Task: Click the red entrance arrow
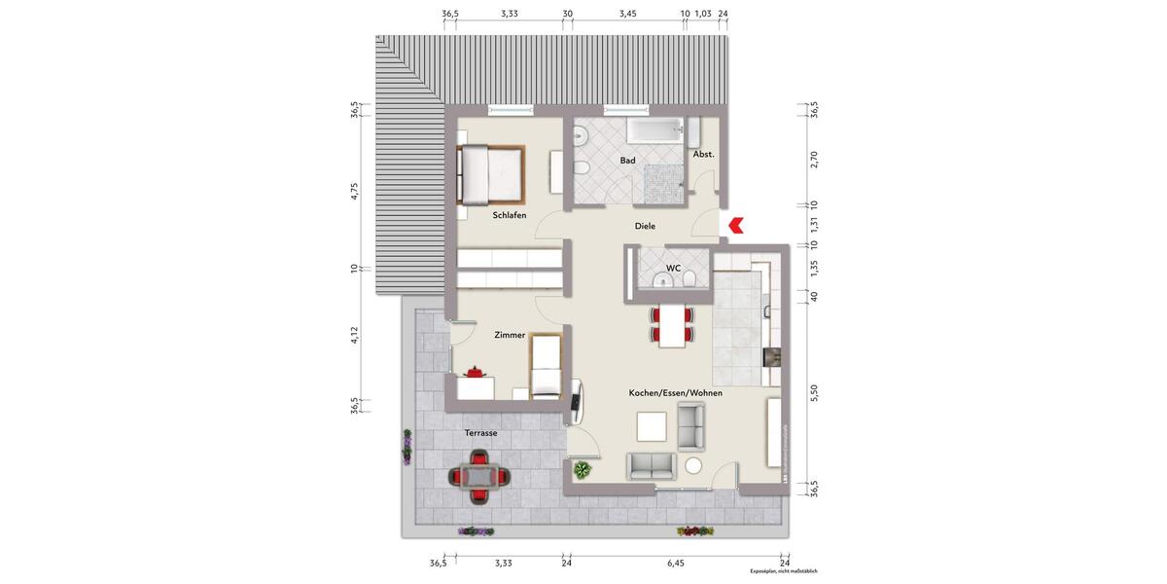[735, 226]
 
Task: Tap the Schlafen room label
[509, 215]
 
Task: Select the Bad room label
[627, 160]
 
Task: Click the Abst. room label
[703, 155]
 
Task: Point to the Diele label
[645, 226]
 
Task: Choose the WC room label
[673, 268]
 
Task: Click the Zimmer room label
[510, 335]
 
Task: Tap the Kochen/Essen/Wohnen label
[677, 392]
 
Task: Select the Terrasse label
[480, 433]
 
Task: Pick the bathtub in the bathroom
[656, 132]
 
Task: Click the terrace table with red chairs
[478, 477]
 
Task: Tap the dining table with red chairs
[672, 326]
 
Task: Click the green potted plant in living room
[582, 471]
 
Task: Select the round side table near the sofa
[694, 465]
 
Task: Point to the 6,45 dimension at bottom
[675, 563]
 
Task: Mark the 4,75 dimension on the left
[356, 190]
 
